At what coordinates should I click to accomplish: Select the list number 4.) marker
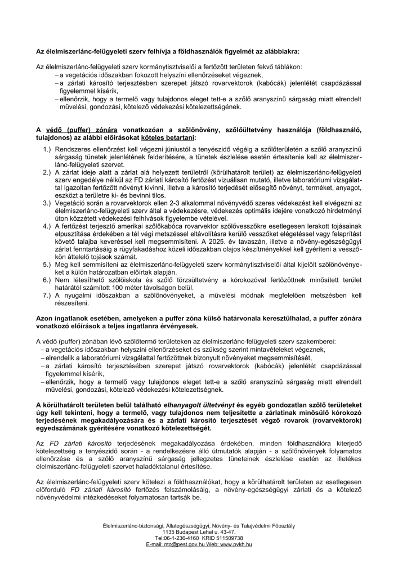(47, 226)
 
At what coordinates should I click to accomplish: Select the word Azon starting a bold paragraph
(45, 318)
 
